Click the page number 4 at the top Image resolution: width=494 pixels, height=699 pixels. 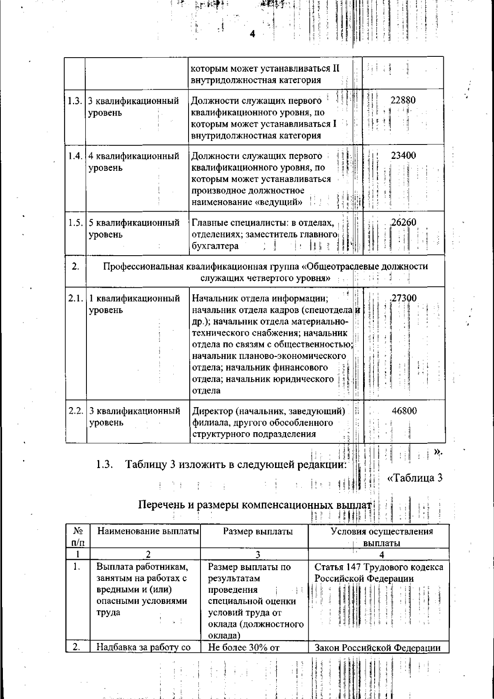253,34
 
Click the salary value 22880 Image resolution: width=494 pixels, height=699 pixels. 403,100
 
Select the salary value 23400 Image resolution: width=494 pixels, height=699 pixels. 403,156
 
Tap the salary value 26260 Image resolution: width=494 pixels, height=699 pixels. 403,222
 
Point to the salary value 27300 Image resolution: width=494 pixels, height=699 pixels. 404,298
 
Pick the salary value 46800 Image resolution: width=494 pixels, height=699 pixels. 404,410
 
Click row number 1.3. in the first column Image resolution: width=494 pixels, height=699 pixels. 75,101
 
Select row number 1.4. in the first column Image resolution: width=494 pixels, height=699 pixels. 75,156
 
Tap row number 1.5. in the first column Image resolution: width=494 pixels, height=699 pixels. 75,223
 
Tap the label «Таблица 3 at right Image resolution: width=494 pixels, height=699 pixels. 415,478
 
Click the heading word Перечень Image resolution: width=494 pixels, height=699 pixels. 160,505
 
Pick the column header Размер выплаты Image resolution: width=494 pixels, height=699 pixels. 258,531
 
